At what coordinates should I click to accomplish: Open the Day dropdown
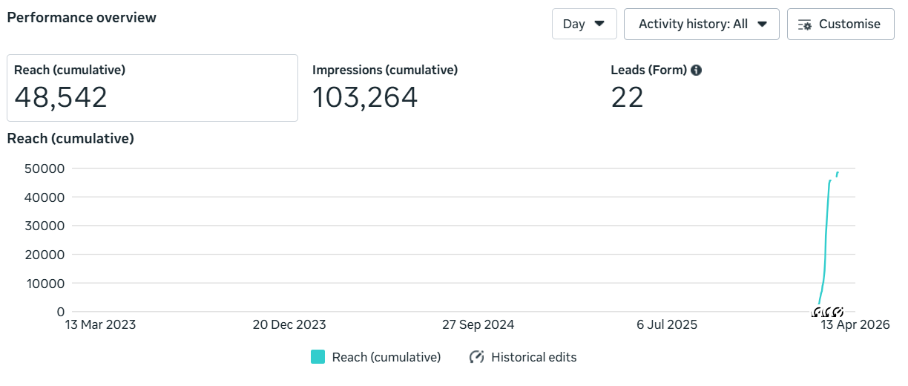[x=584, y=24]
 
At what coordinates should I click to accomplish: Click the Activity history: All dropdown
[x=701, y=24]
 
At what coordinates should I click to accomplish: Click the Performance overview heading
[x=82, y=18]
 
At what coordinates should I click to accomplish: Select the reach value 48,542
[x=61, y=97]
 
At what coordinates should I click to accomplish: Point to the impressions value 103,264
[x=365, y=97]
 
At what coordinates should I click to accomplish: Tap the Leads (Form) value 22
[x=627, y=97]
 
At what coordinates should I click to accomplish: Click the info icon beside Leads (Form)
[x=696, y=70]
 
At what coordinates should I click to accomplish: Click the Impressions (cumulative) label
[x=385, y=70]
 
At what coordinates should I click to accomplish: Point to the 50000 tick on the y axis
[x=45, y=169]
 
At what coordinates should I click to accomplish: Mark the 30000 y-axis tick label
[x=45, y=226]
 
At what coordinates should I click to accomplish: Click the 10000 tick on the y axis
[x=45, y=284]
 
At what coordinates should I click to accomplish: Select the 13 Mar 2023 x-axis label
[x=101, y=325]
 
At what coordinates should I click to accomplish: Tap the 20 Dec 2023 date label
[x=289, y=325]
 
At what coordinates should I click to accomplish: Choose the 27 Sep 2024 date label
[x=478, y=325]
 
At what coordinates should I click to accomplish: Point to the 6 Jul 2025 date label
[x=667, y=325]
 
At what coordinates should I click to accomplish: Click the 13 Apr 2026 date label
[x=855, y=325]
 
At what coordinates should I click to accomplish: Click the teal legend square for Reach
[x=318, y=357]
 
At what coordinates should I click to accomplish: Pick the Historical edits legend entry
[x=523, y=357]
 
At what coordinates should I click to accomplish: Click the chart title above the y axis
[x=70, y=139]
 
